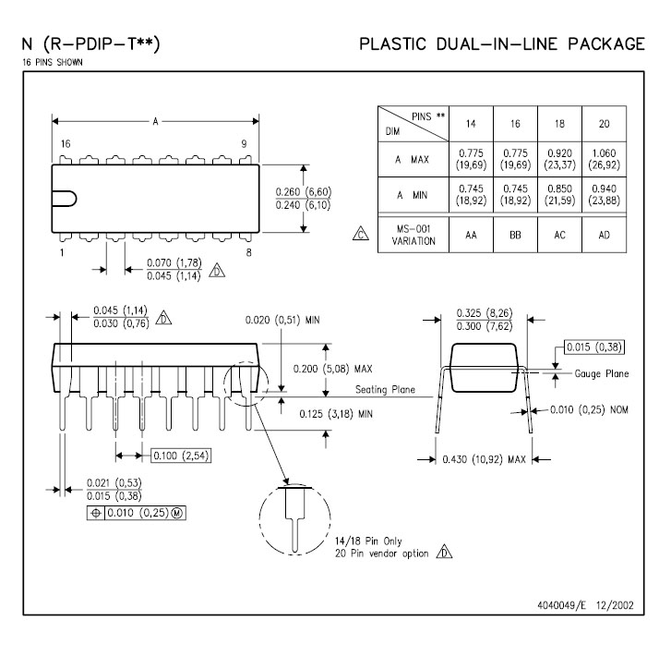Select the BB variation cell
(x=515, y=235)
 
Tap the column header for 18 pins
(x=559, y=124)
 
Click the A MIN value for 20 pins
(x=604, y=195)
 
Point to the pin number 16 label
(x=66, y=143)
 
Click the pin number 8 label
(x=248, y=252)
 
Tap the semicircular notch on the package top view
(x=65, y=199)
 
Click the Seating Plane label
(x=385, y=390)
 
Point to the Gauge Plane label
(x=601, y=373)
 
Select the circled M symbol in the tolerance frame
(x=177, y=513)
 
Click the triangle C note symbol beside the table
(x=361, y=234)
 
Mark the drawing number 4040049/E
(x=561, y=604)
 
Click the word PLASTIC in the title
(x=392, y=43)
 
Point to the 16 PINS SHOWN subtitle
(x=53, y=62)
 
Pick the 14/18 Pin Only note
(x=368, y=542)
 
